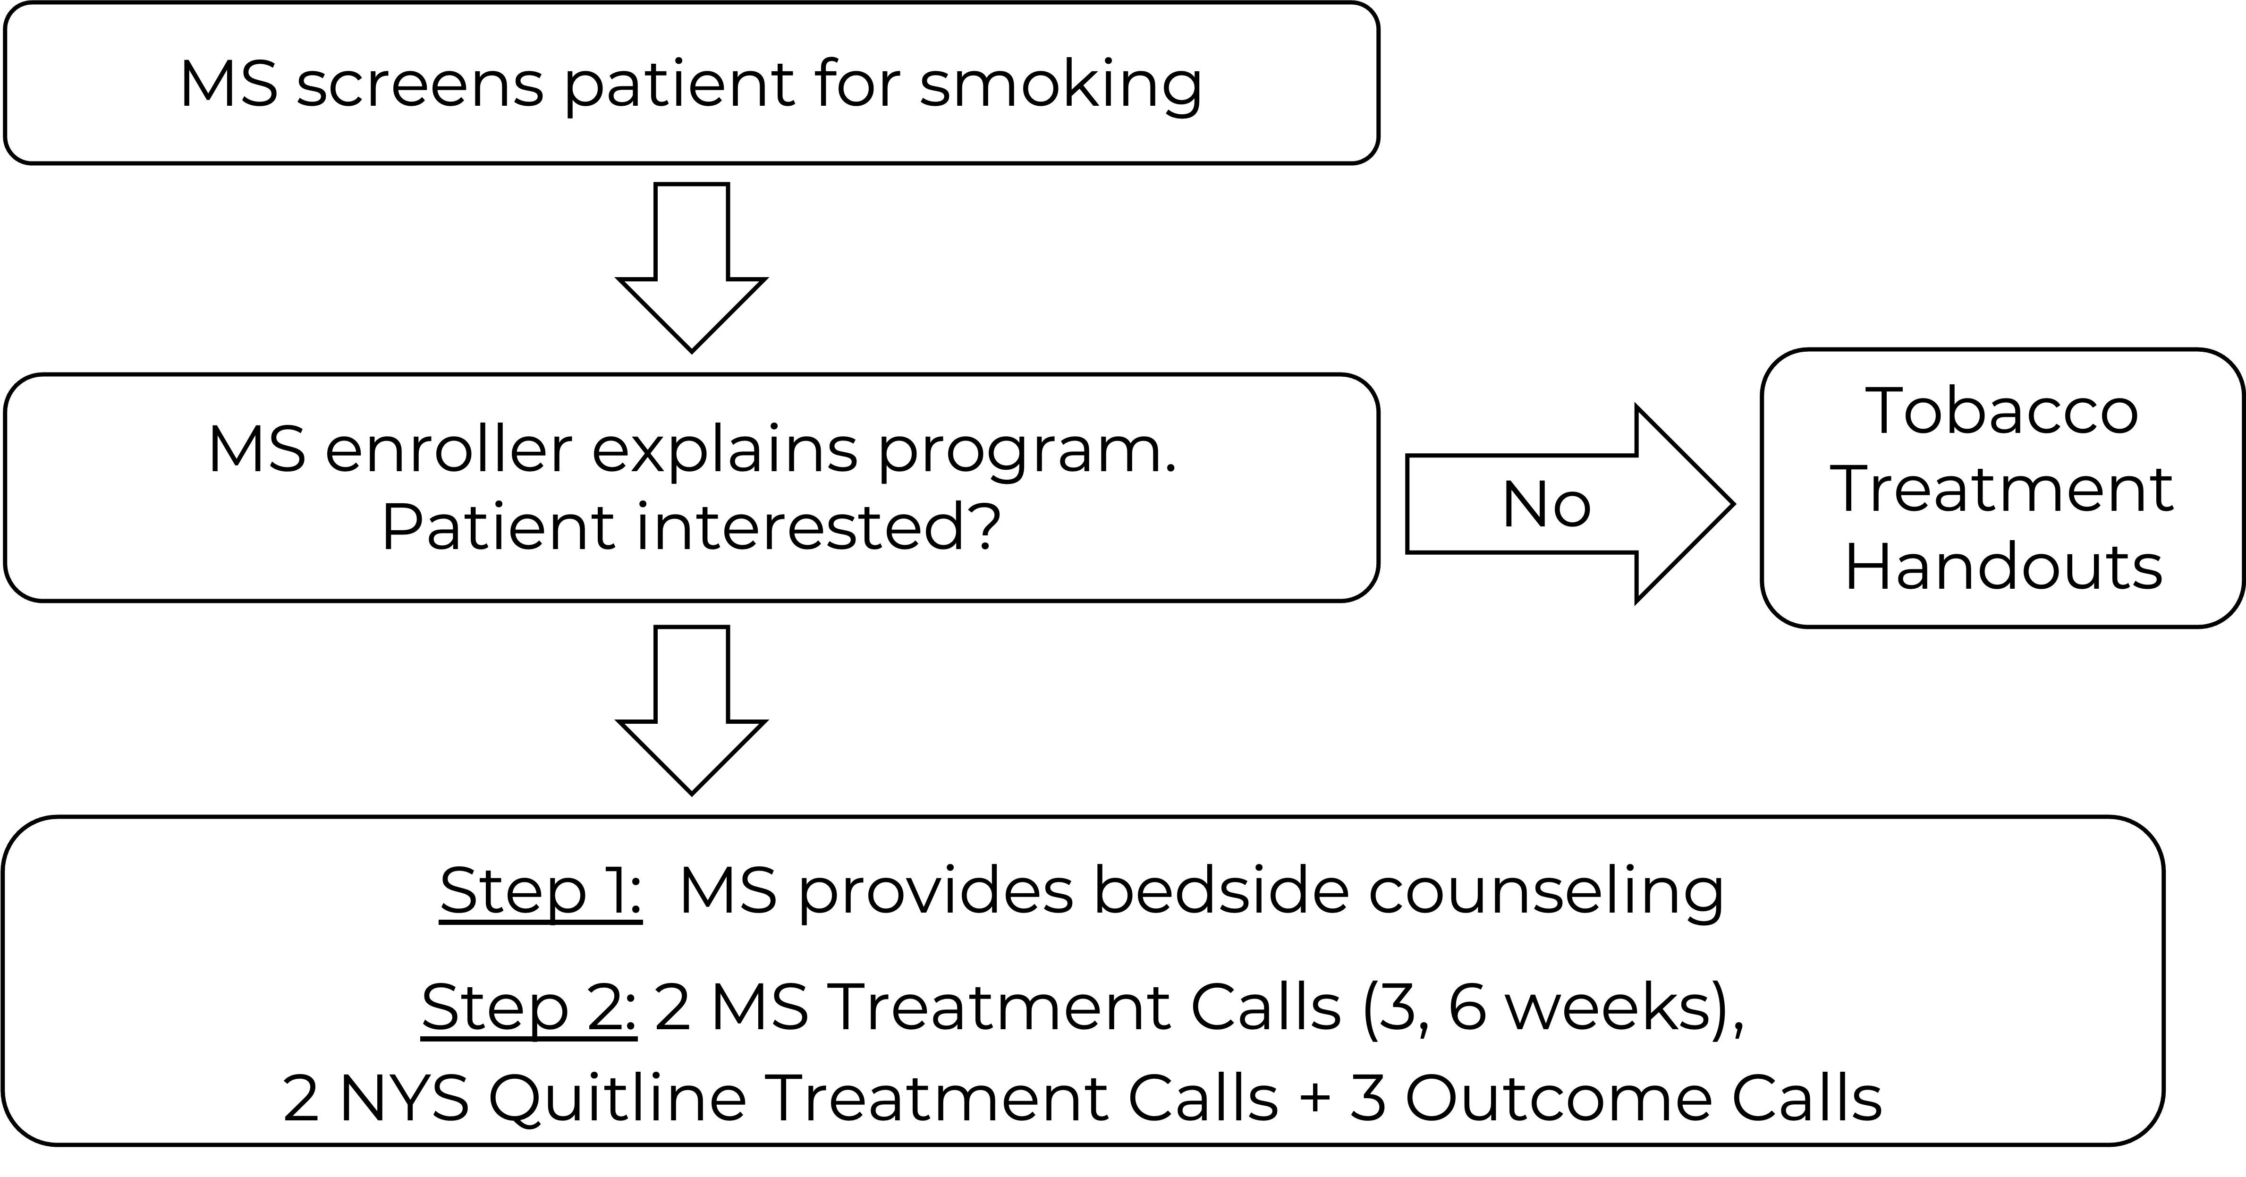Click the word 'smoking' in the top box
(1060, 85)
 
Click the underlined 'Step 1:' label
(541, 891)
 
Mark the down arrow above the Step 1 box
(691, 711)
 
